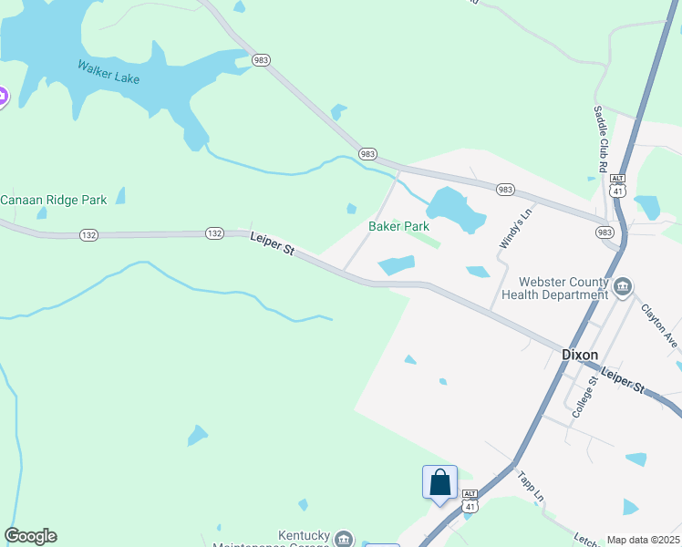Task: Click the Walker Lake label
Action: tap(108, 72)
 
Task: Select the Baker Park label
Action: tap(398, 226)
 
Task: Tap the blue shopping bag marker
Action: tap(439, 482)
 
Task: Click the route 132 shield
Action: tap(214, 233)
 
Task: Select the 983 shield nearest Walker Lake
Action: tap(262, 60)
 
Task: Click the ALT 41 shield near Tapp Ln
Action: tap(470, 499)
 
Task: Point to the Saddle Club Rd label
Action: tap(600, 139)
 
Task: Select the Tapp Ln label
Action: tap(531, 487)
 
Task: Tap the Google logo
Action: tap(30, 536)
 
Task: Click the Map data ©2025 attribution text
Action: tap(643, 541)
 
